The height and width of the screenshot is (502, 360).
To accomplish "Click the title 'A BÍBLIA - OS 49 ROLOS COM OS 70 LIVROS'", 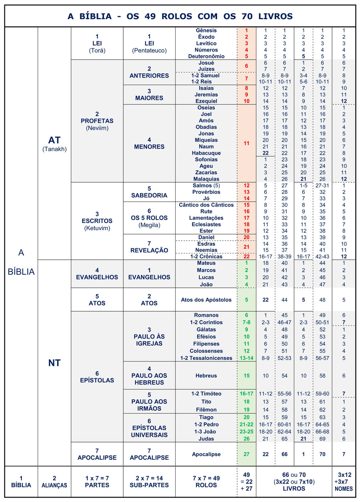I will click(x=180, y=16).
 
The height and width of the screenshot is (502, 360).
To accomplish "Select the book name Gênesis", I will click(x=206, y=30).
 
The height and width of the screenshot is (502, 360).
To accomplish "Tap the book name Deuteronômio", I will click(x=206, y=56).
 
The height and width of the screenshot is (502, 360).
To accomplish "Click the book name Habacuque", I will click(x=206, y=153).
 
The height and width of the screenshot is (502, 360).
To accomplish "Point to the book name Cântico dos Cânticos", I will click(x=206, y=205).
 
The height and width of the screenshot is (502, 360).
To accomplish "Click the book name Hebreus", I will click(x=206, y=376).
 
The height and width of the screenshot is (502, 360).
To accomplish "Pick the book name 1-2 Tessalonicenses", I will click(x=206, y=358).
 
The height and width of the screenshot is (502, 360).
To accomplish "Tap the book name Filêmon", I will click(x=206, y=410).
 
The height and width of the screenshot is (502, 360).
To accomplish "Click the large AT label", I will click(x=54, y=140).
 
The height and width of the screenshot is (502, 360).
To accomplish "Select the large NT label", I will click(x=54, y=363).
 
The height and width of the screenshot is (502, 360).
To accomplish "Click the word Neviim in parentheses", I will click(x=97, y=128).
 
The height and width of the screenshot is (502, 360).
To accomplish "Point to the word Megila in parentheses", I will click(x=149, y=225).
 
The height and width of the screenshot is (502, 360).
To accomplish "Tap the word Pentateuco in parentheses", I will click(x=149, y=50).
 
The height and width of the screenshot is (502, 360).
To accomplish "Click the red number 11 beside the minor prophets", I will click(x=246, y=143).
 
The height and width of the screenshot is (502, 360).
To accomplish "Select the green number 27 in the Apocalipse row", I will click(x=246, y=454).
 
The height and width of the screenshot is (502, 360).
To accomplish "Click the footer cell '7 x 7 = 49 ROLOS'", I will click(x=206, y=482).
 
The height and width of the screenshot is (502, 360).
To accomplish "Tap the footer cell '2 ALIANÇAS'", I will click(x=54, y=482).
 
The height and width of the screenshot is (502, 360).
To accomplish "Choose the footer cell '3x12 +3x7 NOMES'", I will click(x=344, y=482).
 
